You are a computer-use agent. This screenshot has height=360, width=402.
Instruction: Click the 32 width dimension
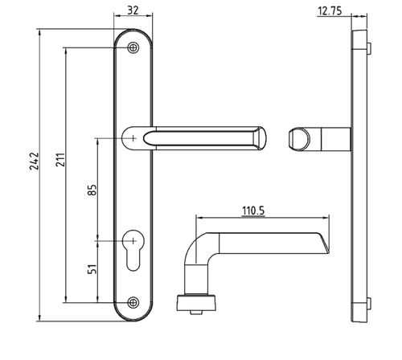[133, 11]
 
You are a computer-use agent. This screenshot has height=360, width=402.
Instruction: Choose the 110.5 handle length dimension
[253, 211]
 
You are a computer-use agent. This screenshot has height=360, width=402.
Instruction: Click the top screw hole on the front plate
[133, 48]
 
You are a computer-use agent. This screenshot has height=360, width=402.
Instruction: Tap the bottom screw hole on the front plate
[133, 303]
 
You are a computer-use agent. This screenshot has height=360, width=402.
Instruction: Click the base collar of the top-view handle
[197, 302]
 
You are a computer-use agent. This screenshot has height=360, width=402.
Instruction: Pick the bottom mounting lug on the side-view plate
[368, 304]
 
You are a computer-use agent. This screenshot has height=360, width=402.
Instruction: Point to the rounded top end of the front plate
[133, 34]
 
